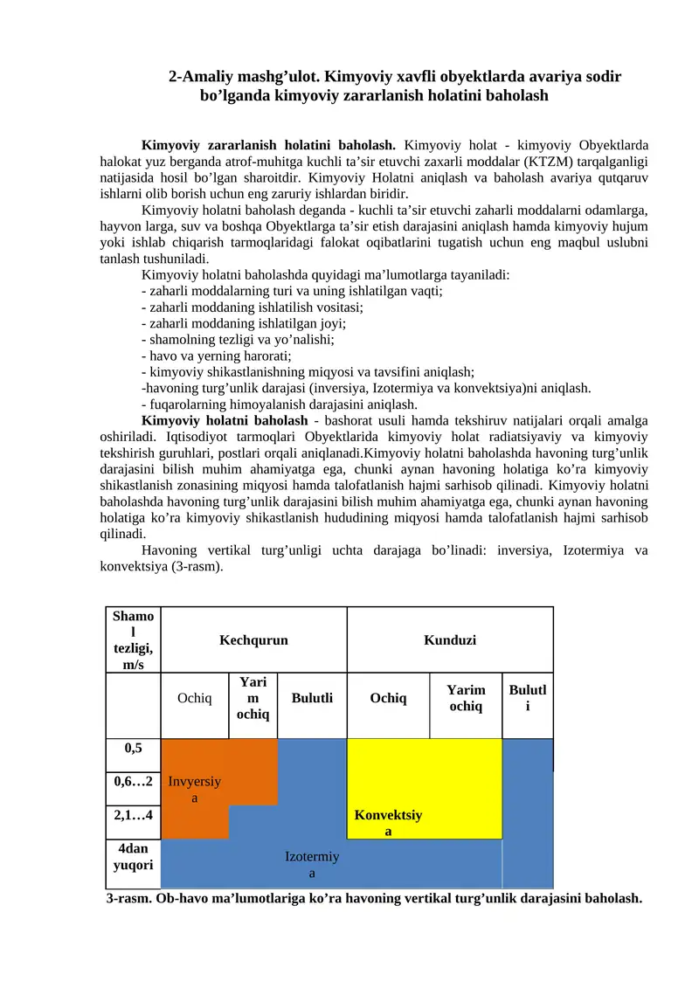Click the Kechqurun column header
[x=253, y=640]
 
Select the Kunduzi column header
[x=450, y=640]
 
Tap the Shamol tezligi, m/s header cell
[x=133, y=640]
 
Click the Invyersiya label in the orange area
[x=195, y=790]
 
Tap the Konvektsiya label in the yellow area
[x=389, y=823]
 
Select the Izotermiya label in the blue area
[x=312, y=865]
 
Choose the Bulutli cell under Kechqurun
[x=312, y=698]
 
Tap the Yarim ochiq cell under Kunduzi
[x=466, y=698]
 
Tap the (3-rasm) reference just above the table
[x=198, y=566]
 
